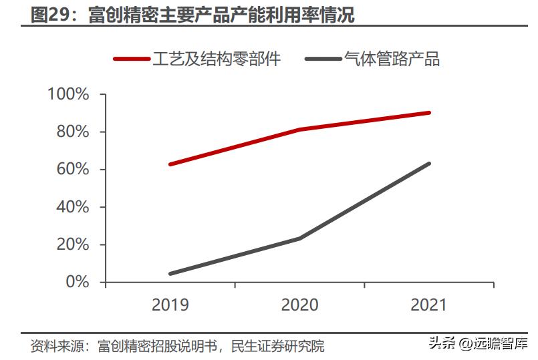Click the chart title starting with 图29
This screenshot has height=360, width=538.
193,15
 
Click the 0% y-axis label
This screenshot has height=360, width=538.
76,282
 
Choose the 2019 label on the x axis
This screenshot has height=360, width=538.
170,305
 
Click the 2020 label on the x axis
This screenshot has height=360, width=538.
299,305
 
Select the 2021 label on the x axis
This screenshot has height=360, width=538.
428,305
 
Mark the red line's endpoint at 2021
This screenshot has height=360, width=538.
428,113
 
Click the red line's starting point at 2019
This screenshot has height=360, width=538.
170,164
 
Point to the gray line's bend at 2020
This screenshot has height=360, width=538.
299,238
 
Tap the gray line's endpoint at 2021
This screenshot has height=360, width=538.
428,164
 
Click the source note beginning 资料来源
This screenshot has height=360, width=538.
177,347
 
